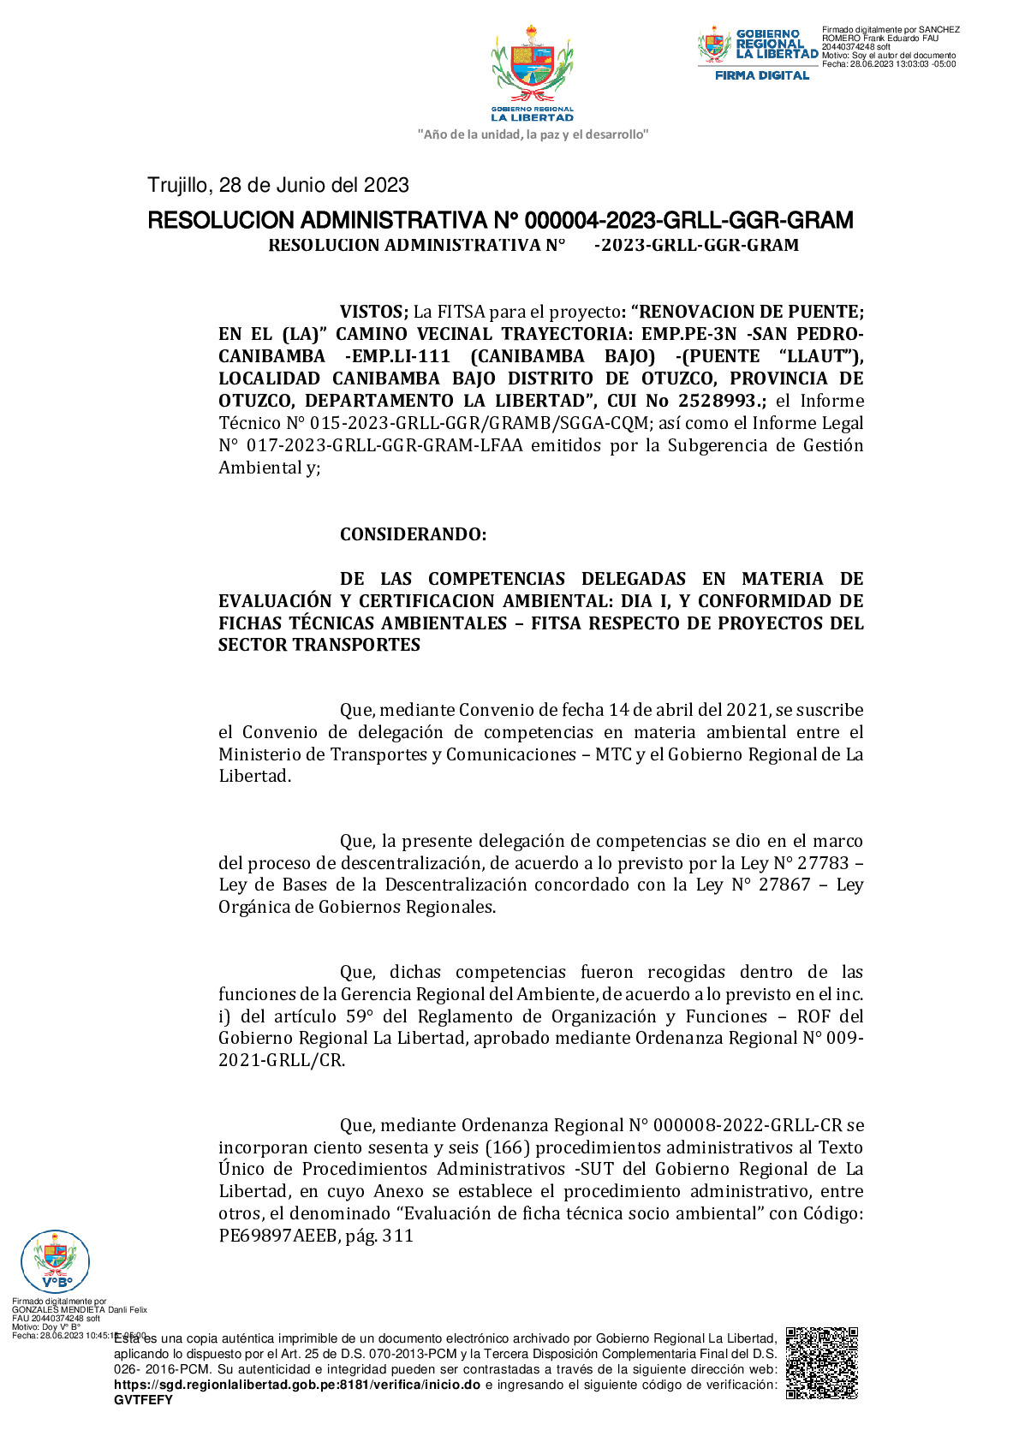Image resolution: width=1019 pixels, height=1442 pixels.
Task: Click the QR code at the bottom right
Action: [822, 1362]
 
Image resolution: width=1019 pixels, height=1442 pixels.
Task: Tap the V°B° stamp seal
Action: [55, 1260]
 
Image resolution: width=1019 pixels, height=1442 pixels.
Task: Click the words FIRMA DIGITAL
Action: [762, 75]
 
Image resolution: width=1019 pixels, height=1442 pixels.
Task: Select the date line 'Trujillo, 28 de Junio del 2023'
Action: [278, 185]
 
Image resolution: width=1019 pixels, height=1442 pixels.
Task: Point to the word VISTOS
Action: [372, 312]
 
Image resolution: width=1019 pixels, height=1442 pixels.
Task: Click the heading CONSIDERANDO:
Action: [413, 534]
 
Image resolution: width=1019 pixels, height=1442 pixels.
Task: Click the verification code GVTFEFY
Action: [143, 1400]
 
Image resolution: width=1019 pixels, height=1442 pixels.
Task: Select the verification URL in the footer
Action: [297, 1385]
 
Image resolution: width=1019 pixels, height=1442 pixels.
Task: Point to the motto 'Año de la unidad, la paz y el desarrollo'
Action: [533, 134]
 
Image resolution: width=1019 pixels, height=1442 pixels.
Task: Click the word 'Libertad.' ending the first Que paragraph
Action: [254, 776]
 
